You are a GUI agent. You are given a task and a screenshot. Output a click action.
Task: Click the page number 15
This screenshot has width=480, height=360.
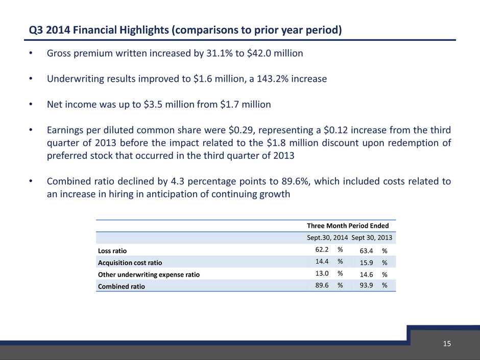coord(447,344)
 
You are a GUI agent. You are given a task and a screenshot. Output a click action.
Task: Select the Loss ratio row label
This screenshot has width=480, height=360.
coord(112,251)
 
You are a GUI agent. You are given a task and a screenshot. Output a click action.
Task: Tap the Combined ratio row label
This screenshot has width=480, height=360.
coord(121,286)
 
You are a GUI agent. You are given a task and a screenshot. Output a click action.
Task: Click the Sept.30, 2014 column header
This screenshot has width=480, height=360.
coord(327,237)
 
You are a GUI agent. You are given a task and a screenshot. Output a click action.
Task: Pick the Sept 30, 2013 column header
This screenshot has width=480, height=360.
coord(372,237)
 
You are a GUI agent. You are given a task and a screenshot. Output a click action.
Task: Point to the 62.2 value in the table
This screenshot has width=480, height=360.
coord(322,250)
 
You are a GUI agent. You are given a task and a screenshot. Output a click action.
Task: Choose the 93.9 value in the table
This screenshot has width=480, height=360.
coord(367,285)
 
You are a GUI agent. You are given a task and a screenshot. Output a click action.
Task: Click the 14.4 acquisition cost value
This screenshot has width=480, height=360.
coord(322,261)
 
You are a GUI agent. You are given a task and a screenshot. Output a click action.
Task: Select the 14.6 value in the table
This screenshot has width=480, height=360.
coord(367,274)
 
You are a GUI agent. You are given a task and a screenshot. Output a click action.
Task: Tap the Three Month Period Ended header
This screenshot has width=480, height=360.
coord(348,226)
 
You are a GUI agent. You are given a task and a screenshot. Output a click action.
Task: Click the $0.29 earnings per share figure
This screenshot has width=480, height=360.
coord(241,130)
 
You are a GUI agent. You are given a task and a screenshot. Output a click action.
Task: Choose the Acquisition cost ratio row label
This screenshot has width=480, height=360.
coord(130,262)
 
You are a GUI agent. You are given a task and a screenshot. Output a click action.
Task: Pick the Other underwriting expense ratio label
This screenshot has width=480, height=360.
coord(149,275)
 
